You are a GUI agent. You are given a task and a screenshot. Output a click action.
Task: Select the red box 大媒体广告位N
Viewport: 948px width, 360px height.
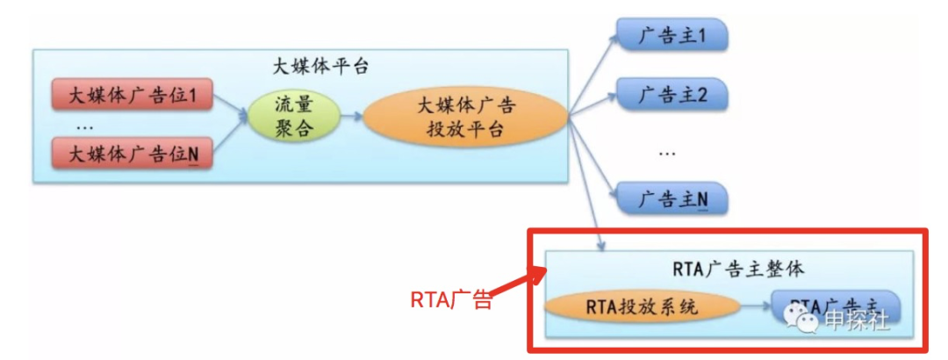tap(132, 155)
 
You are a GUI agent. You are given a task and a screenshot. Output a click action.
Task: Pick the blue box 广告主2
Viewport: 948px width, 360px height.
tap(671, 94)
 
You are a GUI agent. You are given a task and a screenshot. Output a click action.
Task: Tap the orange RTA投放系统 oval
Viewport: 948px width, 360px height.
tap(640, 306)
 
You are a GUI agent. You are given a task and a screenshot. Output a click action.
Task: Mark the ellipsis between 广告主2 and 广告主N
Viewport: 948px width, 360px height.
tap(667, 150)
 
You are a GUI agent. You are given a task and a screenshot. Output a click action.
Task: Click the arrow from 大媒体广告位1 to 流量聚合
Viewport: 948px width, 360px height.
tap(230, 104)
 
